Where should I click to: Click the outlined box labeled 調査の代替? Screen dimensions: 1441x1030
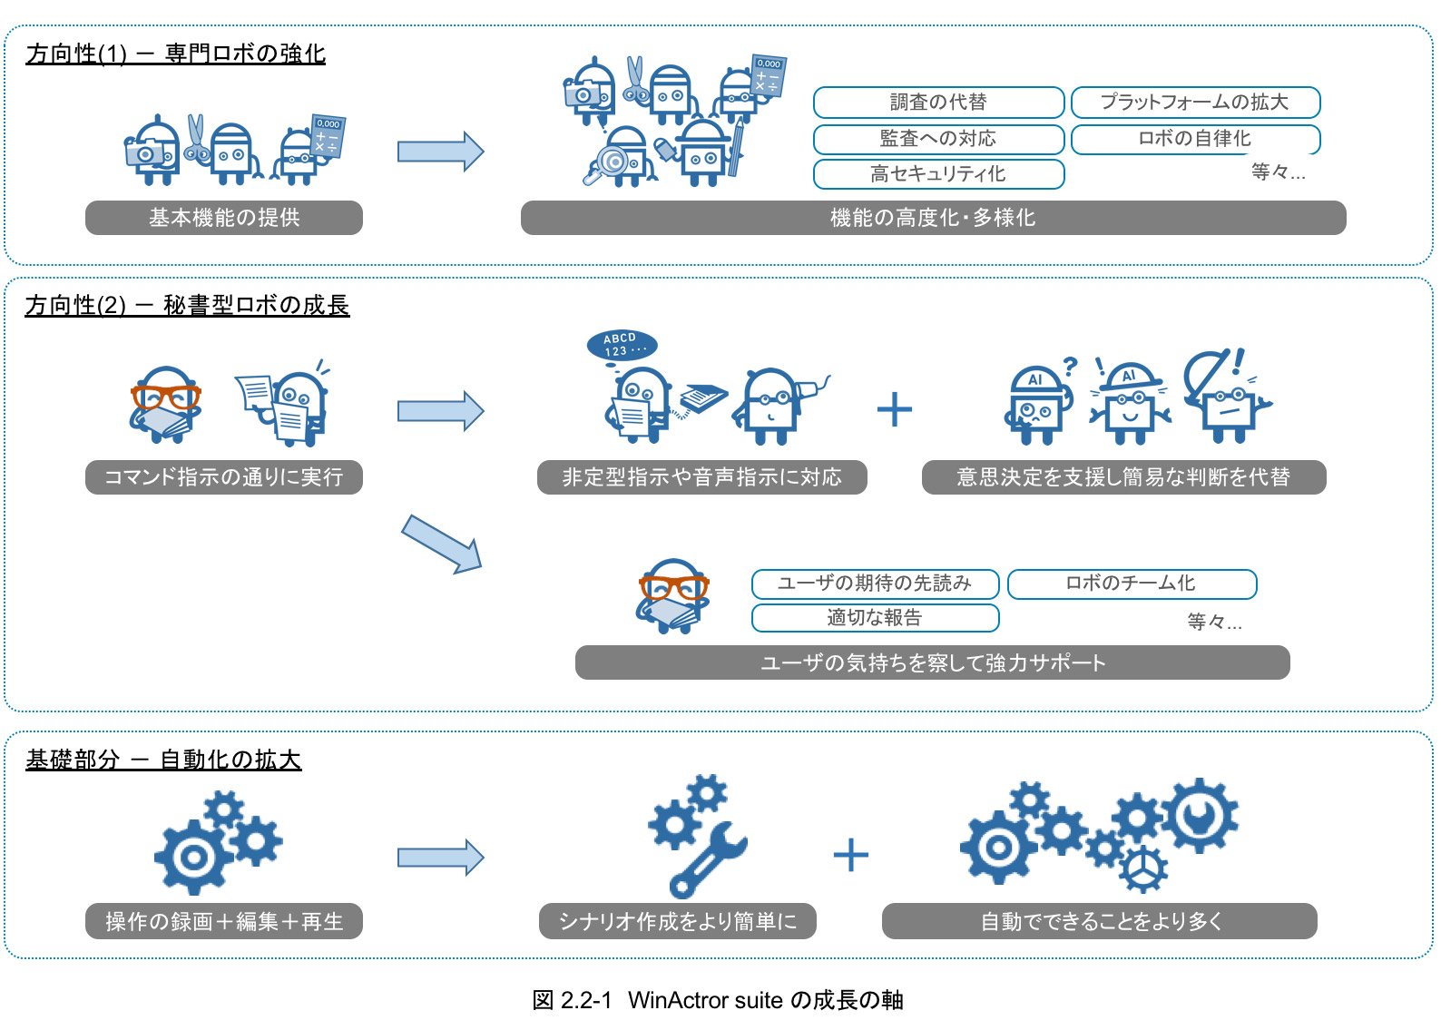point(938,103)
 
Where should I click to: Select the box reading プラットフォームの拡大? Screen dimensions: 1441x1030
point(1195,103)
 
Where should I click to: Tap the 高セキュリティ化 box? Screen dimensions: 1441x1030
point(938,173)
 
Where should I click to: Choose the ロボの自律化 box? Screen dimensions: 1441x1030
point(1195,139)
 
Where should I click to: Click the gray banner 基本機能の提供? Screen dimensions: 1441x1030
point(224,218)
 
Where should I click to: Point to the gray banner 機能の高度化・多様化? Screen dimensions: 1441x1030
point(933,218)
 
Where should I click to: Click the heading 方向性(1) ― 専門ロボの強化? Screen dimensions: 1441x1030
point(176,54)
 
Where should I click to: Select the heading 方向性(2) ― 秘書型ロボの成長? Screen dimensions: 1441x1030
point(187,306)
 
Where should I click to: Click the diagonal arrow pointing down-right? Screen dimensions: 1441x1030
point(441,544)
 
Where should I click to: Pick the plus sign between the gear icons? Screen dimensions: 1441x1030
point(850,855)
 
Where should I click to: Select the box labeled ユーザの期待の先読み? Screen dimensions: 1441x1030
point(875,584)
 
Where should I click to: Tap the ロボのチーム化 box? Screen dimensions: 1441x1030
point(1132,584)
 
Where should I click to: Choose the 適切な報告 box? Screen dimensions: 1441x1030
point(875,618)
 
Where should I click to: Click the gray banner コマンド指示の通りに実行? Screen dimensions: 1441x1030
point(224,477)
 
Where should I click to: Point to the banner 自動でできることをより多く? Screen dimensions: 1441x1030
point(1100,921)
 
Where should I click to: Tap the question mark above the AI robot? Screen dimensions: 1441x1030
point(1070,367)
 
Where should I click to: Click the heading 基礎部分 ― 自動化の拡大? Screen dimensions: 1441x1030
point(163,760)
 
